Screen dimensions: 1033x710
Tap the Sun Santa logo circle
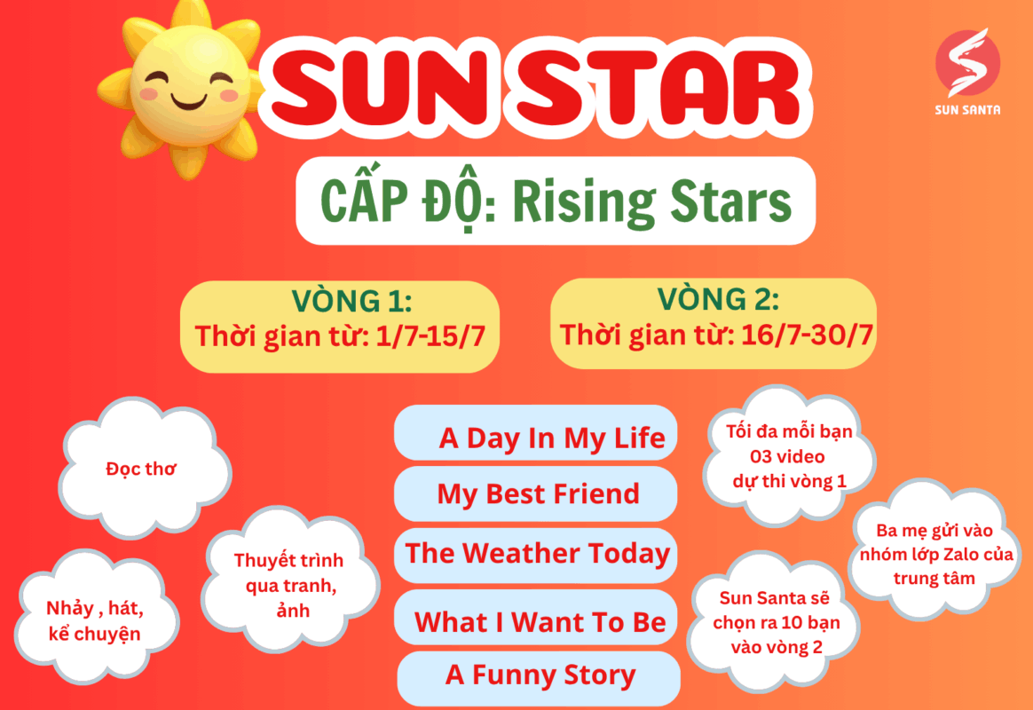[968, 63]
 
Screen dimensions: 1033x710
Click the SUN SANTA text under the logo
[967, 110]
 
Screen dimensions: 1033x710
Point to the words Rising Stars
[651, 201]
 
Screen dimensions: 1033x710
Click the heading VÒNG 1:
[351, 301]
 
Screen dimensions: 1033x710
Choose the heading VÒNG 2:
[718, 300]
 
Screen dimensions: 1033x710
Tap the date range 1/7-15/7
[430, 335]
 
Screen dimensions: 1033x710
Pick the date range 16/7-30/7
[807, 335]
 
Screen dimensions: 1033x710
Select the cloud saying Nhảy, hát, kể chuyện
[96, 619]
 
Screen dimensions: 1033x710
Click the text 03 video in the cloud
[787, 456]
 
